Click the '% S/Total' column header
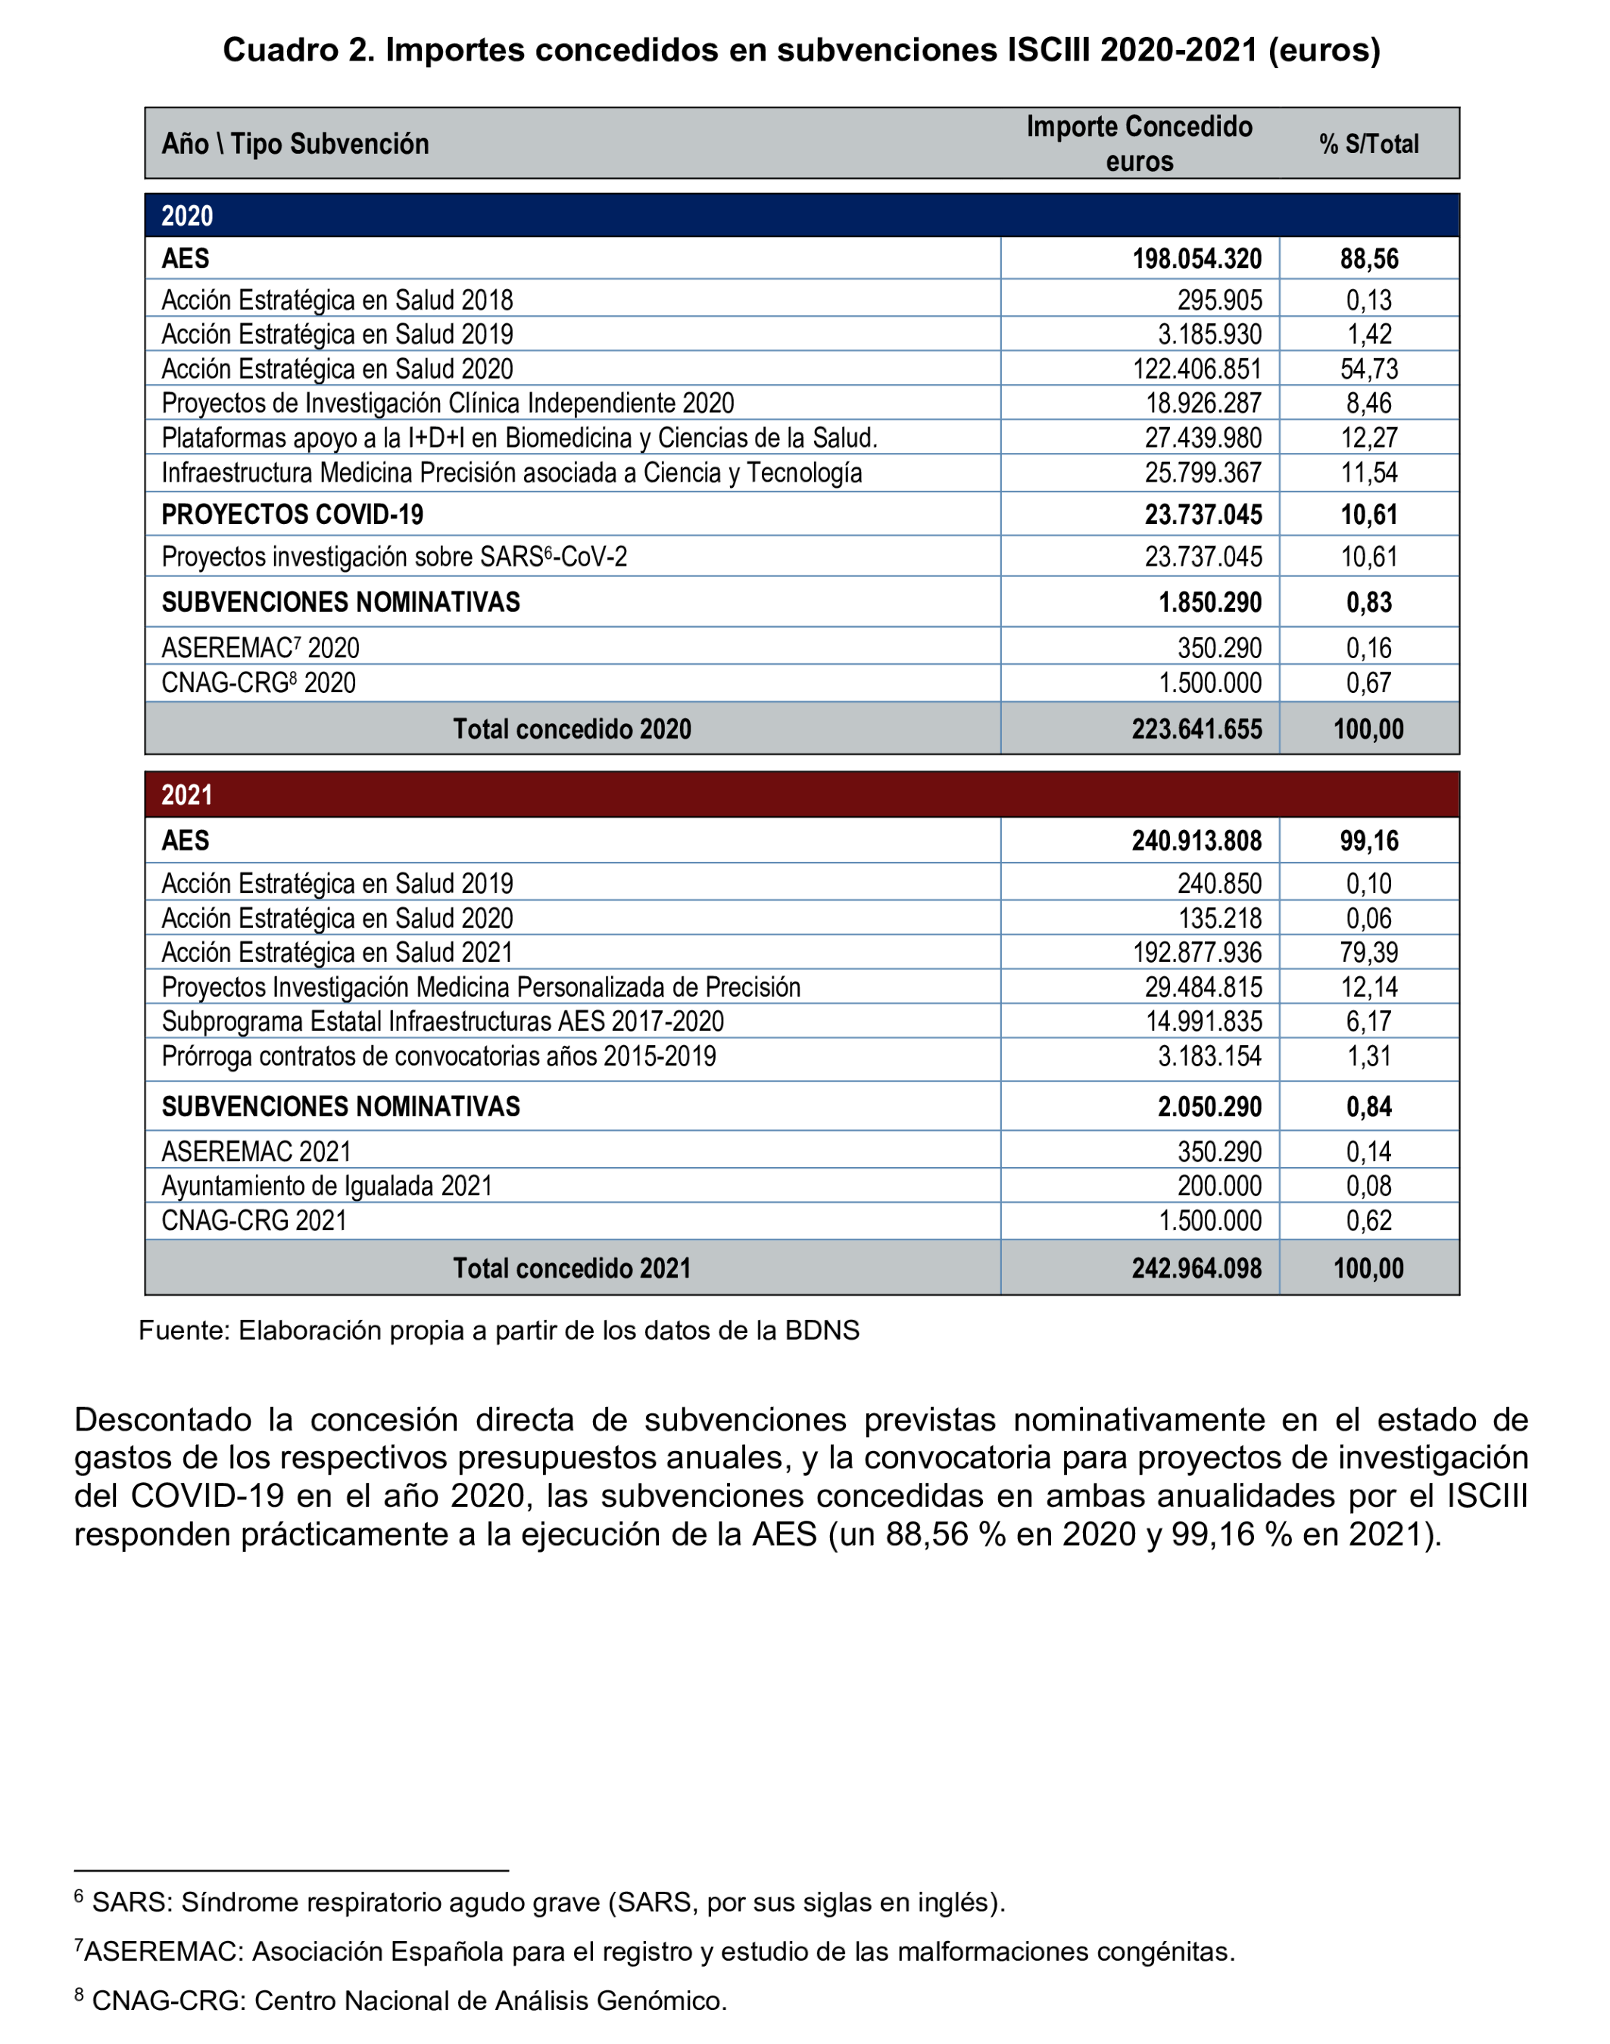point(1368,144)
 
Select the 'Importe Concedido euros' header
point(1139,143)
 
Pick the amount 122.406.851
point(1197,369)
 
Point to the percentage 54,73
point(1368,369)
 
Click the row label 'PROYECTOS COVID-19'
point(292,515)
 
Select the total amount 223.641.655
point(1197,729)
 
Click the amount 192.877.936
point(1197,952)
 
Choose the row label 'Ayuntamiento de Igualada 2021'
point(326,1186)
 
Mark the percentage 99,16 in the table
point(1368,841)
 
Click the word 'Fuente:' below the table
point(184,1331)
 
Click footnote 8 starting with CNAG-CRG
point(401,2001)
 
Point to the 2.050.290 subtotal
point(1209,1107)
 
